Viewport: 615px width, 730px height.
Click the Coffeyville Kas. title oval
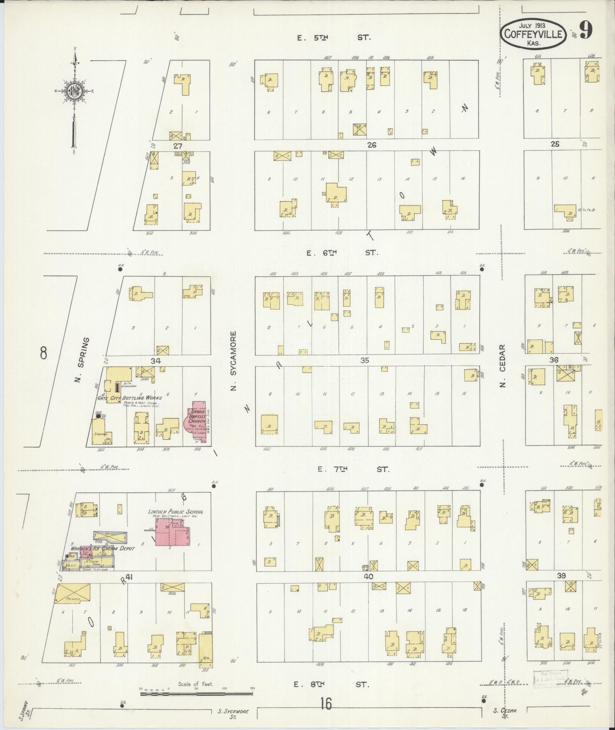pyautogui.click(x=533, y=34)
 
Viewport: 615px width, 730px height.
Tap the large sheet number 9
pyautogui.click(x=586, y=31)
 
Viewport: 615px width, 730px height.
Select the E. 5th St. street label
pyautogui.click(x=333, y=37)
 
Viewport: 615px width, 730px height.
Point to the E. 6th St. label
pyautogui.click(x=342, y=253)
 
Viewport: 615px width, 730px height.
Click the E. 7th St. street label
pyautogui.click(x=353, y=469)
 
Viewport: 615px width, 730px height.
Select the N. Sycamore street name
pyautogui.click(x=234, y=360)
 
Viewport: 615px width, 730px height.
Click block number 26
pyautogui.click(x=372, y=145)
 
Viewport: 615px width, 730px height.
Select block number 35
pyautogui.click(x=365, y=360)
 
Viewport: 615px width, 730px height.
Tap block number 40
pyautogui.click(x=368, y=577)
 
